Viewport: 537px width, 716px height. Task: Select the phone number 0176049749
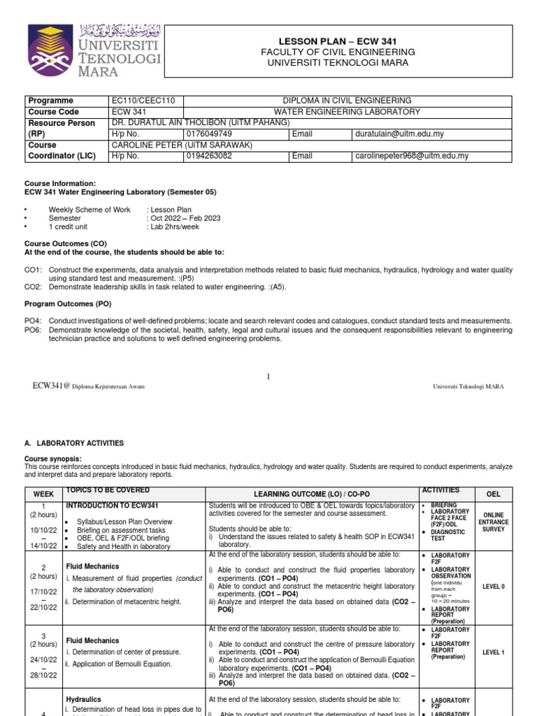coord(210,134)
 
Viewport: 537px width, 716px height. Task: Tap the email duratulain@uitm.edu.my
coord(399,134)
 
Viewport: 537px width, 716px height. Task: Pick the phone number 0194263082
coord(210,156)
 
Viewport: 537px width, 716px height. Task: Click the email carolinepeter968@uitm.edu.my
coord(411,156)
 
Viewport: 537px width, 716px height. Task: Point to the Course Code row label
coord(53,112)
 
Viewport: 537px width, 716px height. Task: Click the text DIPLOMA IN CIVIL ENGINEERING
coord(346,101)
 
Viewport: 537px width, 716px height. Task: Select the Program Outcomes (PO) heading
coord(68,304)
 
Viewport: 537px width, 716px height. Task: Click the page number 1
coord(268,377)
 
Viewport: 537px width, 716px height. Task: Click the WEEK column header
coord(43,494)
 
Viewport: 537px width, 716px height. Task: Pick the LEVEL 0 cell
coord(492,587)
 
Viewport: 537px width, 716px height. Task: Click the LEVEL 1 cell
coord(492,652)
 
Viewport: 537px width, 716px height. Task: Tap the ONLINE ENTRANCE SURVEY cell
coord(492,522)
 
